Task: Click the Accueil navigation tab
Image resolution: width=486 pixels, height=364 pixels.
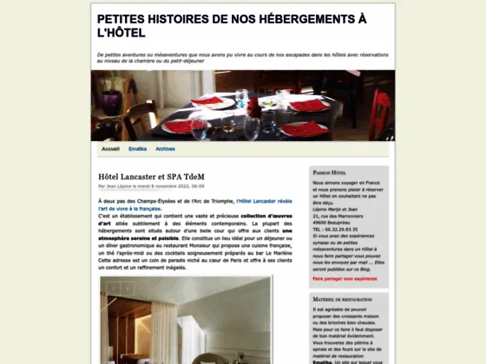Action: pyautogui.click(x=110, y=149)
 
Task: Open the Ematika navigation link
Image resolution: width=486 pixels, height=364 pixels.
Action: pyautogui.click(x=137, y=149)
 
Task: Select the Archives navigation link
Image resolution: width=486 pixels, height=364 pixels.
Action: pyautogui.click(x=165, y=149)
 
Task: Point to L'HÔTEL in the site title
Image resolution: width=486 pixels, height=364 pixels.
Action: pyautogui.click(x=121, y=34)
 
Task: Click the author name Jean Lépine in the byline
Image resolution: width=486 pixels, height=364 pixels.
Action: pyautogui.click(x=121, y=185)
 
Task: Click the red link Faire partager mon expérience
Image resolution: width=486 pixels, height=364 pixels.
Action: pyautogui.click(x=345, y=278)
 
